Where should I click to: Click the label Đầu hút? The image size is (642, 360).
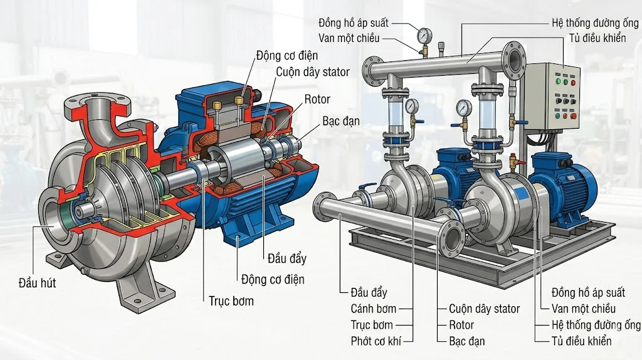click(37, 283)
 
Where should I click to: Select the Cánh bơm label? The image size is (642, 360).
click(373, 309)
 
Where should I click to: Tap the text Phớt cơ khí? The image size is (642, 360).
click(375, 341)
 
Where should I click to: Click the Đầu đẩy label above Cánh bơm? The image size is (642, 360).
click(369, 292)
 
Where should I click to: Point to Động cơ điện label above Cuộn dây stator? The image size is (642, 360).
click(287, 56)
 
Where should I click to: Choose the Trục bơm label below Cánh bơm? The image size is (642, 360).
click(372, 325)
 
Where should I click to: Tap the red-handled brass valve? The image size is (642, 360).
click(516, 164)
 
